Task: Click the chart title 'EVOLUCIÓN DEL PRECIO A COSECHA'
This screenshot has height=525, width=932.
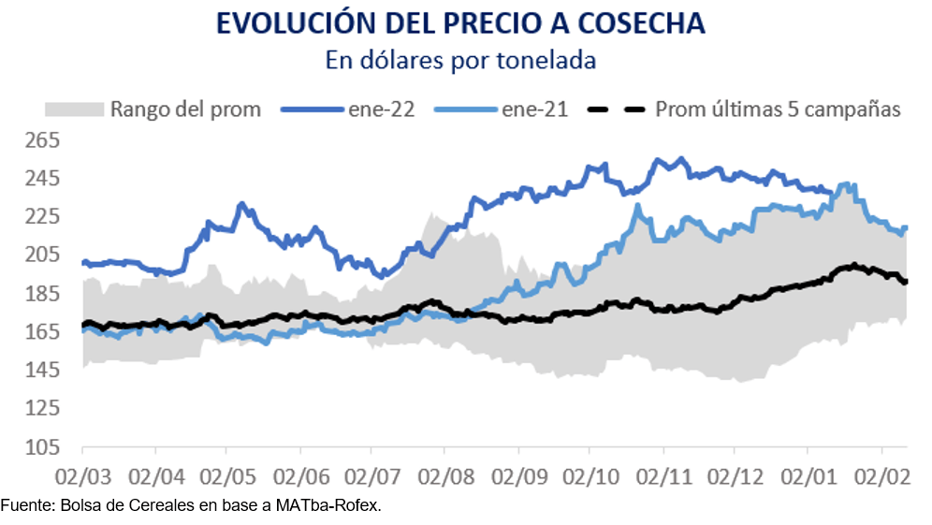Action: point(460,23)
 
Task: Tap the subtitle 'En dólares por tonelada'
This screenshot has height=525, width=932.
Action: point(460,60)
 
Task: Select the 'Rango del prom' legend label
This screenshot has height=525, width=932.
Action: point(185,109)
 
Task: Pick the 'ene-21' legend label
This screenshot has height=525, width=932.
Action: point(534,109)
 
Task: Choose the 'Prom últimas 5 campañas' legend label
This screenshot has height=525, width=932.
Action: point(778,109)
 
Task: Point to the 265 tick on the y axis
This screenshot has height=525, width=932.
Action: point(40,140)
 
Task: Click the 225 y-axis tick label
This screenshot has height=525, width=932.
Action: point(40,217)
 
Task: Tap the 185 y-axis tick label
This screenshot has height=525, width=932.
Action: point(40,294)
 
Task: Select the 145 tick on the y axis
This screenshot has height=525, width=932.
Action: point(40,371)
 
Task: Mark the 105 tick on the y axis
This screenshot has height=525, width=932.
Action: point(40,447)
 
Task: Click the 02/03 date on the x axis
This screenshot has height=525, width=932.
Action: point(82,477)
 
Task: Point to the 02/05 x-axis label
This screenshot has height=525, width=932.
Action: point(226,477)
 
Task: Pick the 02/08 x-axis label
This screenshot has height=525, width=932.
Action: point(444,477)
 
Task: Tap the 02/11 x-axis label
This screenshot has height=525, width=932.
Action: point(663,477)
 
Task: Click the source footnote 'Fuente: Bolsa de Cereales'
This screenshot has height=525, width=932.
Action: point(192,506)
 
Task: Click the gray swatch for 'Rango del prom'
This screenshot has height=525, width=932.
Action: point(73,109)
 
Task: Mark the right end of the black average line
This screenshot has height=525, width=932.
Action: point(906,282)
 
